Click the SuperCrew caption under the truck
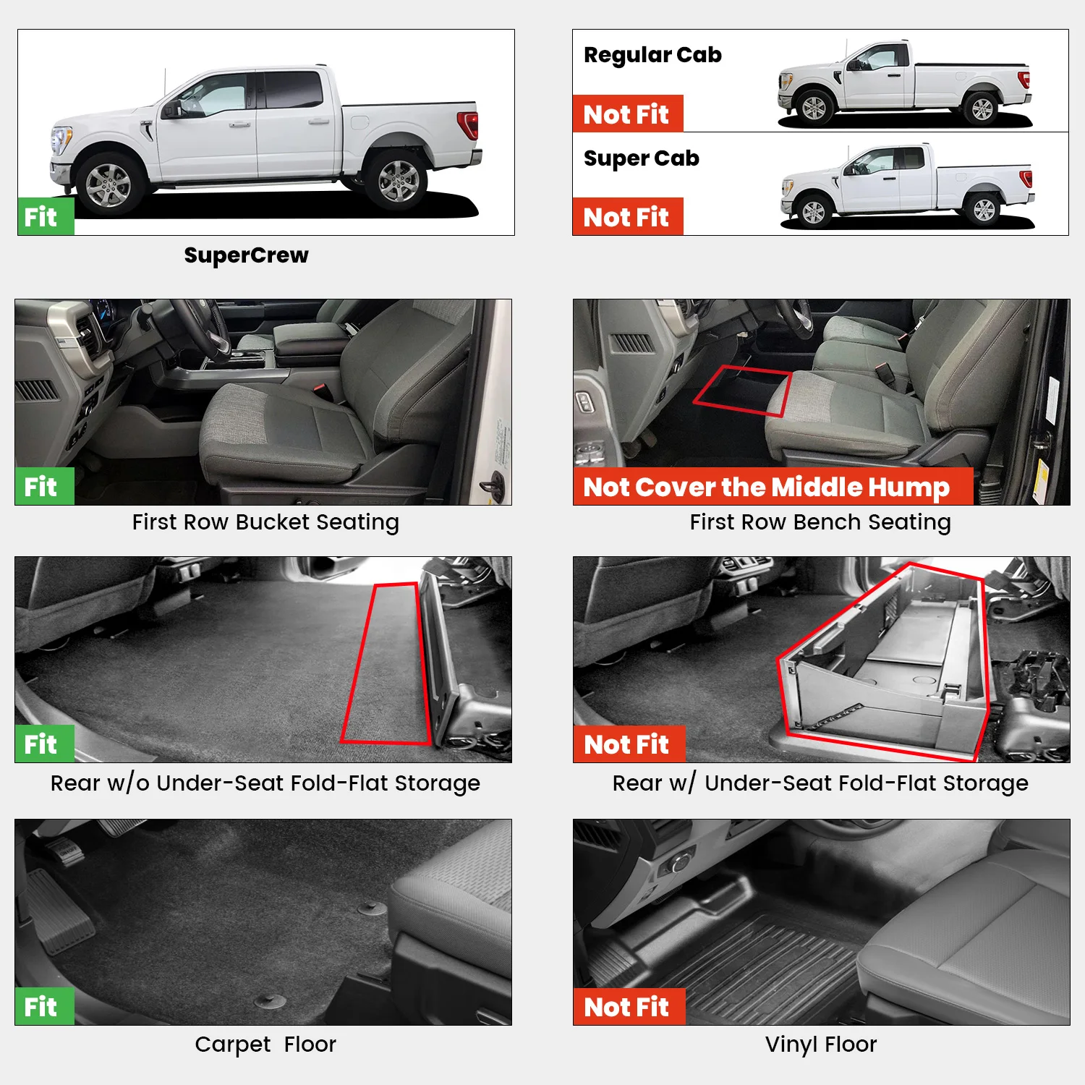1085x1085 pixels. pos(246,255)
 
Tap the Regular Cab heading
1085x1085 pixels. pos(652,55)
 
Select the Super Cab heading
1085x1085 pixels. pos(641,158)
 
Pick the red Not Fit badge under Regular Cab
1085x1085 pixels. pos(627,114)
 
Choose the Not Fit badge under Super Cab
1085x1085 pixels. pos(627,217)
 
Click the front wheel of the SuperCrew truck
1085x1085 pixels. pos(109,185)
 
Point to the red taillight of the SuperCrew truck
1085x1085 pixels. pos(469,124)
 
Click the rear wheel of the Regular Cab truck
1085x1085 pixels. pos(982,109)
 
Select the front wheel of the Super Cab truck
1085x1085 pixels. pos(814,212)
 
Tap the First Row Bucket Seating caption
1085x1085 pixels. pos(265,522)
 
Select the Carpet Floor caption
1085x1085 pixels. pos(265,1044)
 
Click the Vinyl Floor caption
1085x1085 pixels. pos(821,1044)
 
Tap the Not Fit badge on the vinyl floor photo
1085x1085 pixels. pos(627,1007)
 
